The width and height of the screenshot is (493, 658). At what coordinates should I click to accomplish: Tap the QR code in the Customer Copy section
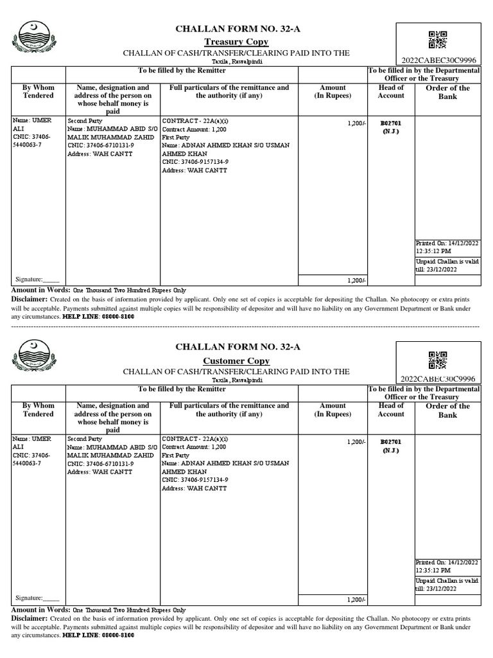[x=437, y=359]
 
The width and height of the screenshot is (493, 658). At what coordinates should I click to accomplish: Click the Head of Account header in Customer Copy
[x=391, y=410]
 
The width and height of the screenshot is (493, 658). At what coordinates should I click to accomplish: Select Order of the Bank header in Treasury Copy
[x=447, y=93]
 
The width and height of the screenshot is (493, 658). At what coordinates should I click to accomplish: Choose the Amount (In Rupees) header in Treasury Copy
[x=333, y=92]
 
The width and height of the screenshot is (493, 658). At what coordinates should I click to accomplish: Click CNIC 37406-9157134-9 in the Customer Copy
[x=195, y=480]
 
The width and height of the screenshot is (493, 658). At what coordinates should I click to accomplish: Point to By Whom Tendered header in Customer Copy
[x=39, y=410]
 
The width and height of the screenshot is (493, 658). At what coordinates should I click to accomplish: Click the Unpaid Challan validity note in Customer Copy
[x=447, y=584]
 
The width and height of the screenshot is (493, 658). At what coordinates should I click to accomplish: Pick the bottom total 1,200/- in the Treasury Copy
[x=356, y=280]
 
